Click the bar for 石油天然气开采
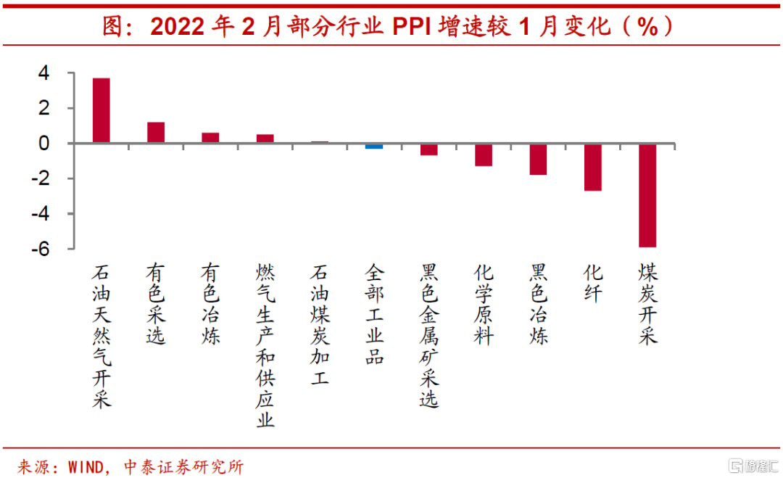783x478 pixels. (101, 110)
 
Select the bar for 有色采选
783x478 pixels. (156, 133)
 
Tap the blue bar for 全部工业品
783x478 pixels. (374, 146)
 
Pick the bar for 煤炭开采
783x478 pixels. (647, 195)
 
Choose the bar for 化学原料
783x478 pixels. (484, 154)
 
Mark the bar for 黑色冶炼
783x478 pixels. (538, 159)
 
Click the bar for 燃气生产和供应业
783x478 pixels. (265, 139)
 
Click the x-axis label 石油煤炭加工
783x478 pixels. (320, 324)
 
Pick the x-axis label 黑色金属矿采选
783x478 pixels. (429, 335)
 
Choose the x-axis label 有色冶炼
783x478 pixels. (210, 304)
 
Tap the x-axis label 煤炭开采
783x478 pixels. (648, 304)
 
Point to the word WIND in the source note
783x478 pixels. (89, 465)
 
